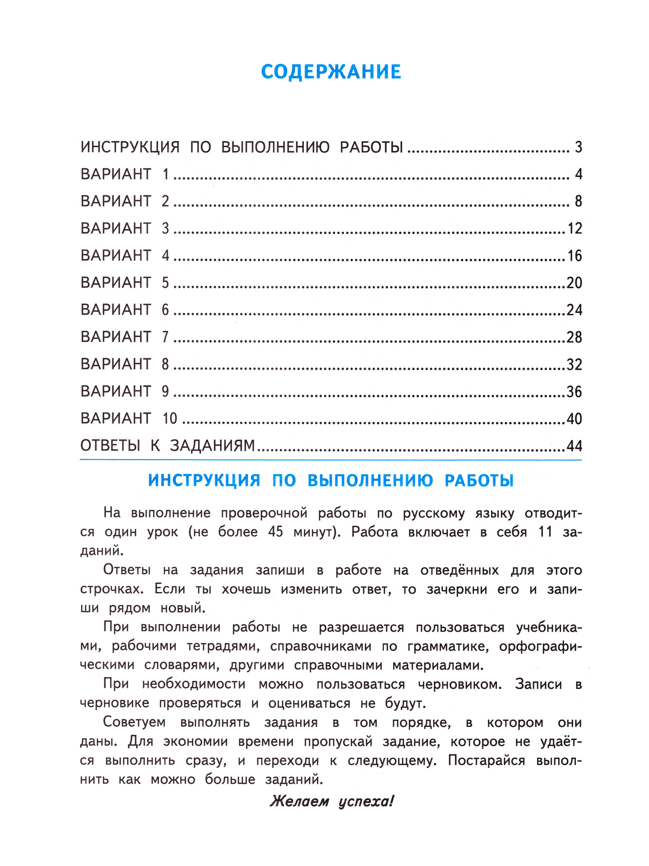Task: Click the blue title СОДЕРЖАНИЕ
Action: click(x=331, y=72)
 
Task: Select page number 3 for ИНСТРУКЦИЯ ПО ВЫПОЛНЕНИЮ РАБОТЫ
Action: click(x=578, y=147)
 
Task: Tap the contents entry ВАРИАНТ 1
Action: click(x=125, y=174)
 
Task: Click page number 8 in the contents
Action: click(x=578, y=201)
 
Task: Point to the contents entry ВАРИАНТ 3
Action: click(x=125, y=228)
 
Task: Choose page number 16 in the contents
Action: click(x=574, y=255)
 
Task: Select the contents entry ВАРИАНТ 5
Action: click(x=125, y=283)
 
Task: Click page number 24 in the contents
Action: click(x=574, y=310)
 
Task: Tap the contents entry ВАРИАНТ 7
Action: click(x=125, y=337)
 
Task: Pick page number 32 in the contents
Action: click(x=574, y=364)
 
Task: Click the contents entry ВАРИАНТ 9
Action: click(x=125, y=391)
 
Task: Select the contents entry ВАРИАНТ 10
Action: click(x=129, y=418)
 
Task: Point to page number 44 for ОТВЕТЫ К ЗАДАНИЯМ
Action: click(x=574, y=446)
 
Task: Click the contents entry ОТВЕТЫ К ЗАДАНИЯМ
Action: click(x=168, y=446)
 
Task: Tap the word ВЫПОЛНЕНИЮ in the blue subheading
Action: click(x=370, y=481)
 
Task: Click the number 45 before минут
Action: click(x=275, y=532)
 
